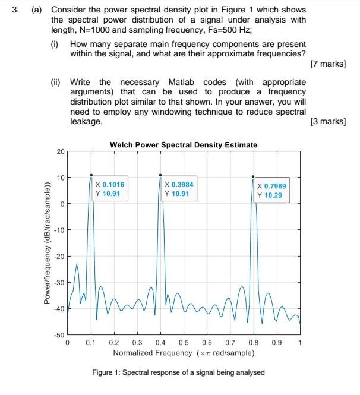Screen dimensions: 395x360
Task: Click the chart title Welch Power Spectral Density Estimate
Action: [184, 145]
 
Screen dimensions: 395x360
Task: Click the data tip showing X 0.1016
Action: [112, 189]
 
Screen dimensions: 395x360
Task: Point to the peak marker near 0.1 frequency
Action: [91, 175]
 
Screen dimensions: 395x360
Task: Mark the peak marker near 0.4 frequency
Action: [160, 175]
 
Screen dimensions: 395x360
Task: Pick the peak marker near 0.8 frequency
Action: [253, 176]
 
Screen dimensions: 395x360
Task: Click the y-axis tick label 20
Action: [61, 152]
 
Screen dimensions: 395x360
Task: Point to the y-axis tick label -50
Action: [59, 336]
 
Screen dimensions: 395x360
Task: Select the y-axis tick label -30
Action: [59, 283]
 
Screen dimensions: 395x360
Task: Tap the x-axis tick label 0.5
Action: [184, 343]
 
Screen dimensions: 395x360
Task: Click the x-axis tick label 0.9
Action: [276, 343]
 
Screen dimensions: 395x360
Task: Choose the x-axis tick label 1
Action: [300, 343]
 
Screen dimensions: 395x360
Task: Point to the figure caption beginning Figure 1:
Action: [179, 372]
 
